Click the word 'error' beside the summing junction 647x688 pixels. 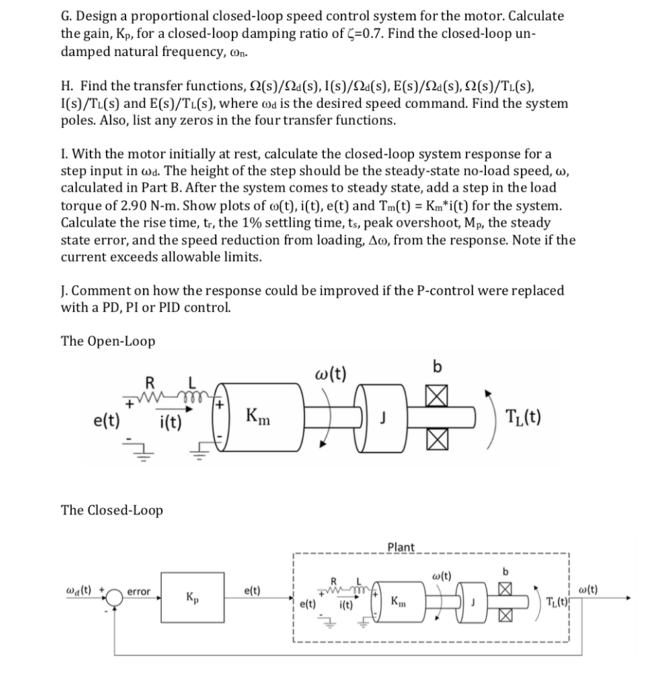(x=139, y=592)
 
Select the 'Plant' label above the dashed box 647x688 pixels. (x=402, y=547)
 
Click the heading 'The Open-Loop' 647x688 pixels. (x=108, y=341)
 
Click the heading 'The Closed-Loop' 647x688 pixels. (x=112, y=510)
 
